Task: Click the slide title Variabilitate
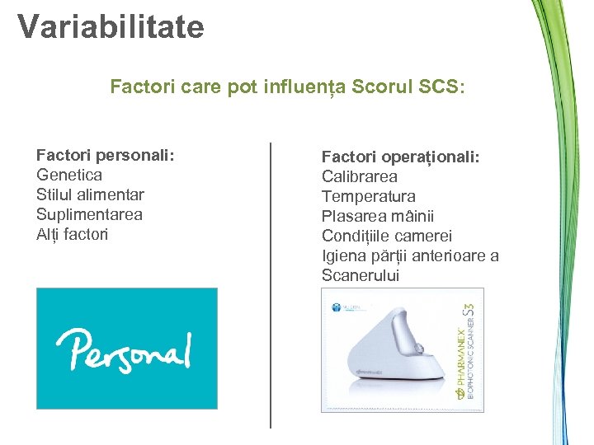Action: click(x=111, y=27)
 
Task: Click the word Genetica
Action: click(x=69, y=175)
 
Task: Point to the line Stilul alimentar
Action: click(x=90, y=194)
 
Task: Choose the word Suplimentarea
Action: click(x=89, y=214)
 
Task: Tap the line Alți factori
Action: click(x=72, y=234)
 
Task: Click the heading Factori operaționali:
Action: click(x=401, y=157)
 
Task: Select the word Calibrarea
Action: click(x=359, y=176)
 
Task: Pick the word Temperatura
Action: click(x=368, y=196)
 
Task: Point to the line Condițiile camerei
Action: click(x=387, y=236)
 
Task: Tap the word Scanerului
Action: click(x=360, y=275)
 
